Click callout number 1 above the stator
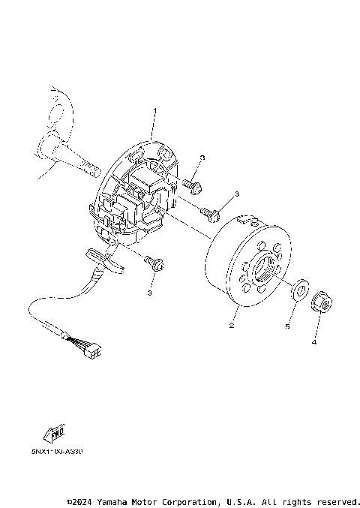[x=154, y=112]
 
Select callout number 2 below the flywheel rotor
[x=232, y=326]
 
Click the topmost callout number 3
[x=202, y=158]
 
